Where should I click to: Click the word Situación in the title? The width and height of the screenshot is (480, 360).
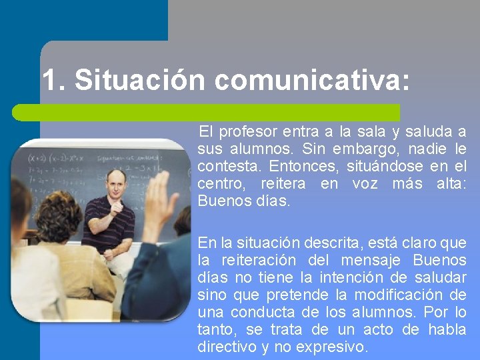[141, 81]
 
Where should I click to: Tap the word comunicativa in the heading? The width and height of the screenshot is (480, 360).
[308, 81]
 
